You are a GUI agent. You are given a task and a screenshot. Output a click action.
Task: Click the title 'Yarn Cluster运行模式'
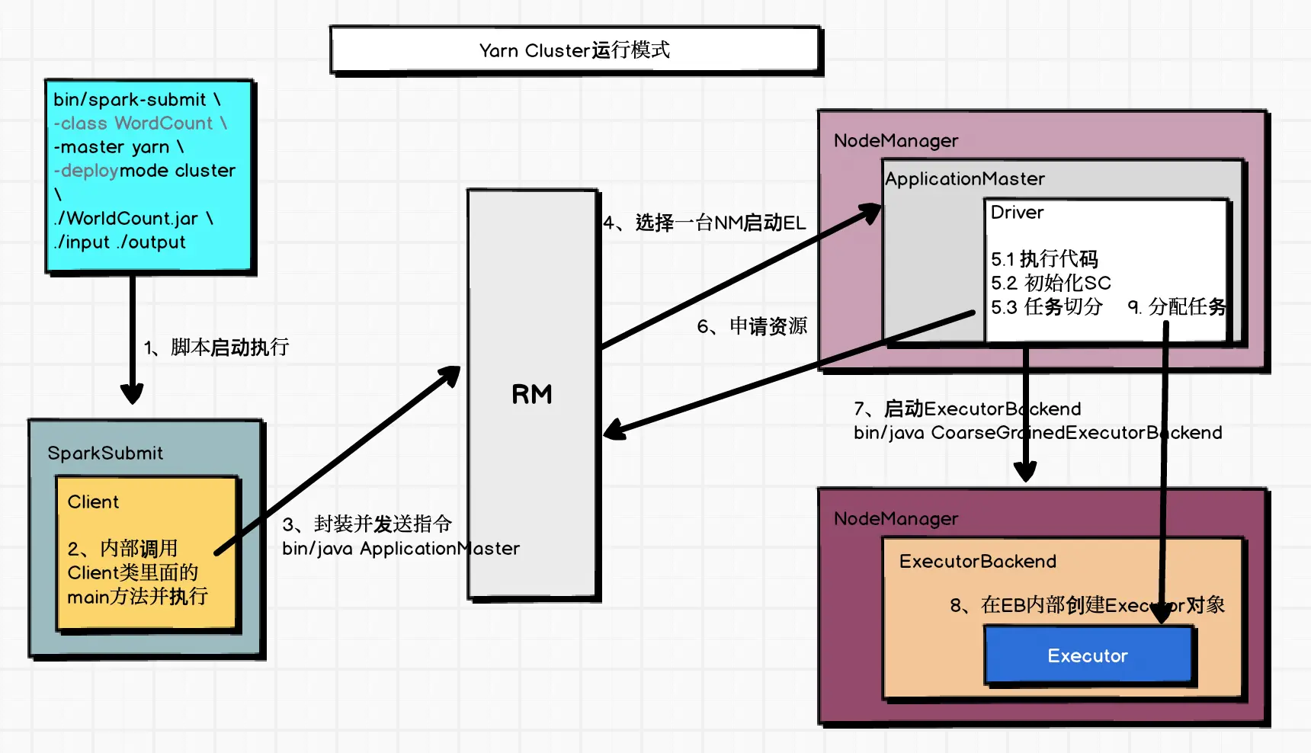tap(575, 50)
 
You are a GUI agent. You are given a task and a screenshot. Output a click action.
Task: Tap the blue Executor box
tap(1088, 655)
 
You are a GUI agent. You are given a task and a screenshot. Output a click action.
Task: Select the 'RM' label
tap(532, 394)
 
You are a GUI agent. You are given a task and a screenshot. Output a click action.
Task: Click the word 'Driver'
tap(1017, 213)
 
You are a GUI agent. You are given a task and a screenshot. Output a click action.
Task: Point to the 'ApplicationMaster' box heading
tap(965, 179)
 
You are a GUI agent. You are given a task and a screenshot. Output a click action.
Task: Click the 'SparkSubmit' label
tap(105, 453)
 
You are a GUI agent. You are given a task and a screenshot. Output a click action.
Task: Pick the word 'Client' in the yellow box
tap(93, 502)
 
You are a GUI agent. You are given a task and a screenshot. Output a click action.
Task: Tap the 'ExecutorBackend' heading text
tap(978, 562)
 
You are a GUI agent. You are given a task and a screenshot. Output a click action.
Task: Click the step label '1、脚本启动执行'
tap(216, 348)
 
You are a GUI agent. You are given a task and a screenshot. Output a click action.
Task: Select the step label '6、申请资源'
tap(752, 326)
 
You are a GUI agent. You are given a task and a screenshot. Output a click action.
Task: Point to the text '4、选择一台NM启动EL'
tap(704, 223)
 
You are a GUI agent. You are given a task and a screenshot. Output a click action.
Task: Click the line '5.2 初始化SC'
tap(1051, 283)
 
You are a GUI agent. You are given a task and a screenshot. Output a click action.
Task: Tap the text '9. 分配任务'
tap(1177, 306)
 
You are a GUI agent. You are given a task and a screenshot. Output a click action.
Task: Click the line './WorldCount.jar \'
tap(133, 219)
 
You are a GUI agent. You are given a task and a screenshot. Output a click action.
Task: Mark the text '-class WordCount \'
tap(140, 123)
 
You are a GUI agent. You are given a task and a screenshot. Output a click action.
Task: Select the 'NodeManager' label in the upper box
tap(896, 141)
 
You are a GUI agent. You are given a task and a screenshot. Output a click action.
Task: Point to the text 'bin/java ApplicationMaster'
tap(401, 549)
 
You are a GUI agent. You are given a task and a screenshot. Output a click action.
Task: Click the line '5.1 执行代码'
tap(1044, 259)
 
